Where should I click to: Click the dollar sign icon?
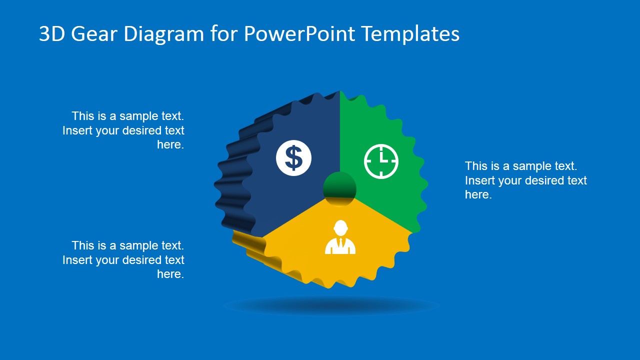[293, 158]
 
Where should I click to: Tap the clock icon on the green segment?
[381, 161]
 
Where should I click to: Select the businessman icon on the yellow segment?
[340, 237]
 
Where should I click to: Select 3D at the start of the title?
[52, 34]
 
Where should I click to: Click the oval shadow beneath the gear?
[331, 305]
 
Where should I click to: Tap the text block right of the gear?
[525, 180]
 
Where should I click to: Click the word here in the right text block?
[477, 195]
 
